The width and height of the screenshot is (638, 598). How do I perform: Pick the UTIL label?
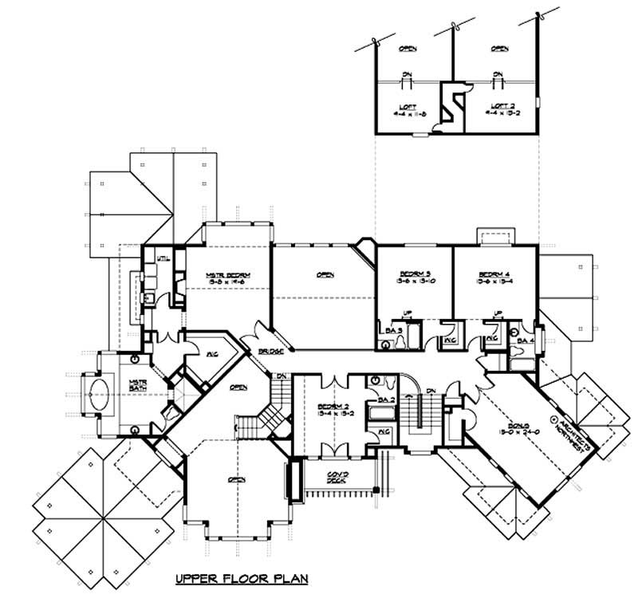point(163,258)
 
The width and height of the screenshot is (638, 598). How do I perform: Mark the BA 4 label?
point(524,340)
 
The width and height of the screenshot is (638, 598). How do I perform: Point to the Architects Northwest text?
point(564,435)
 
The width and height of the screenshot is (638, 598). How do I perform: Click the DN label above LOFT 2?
point(499,77)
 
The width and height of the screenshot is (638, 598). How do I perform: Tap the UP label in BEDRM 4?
point(498,313)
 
